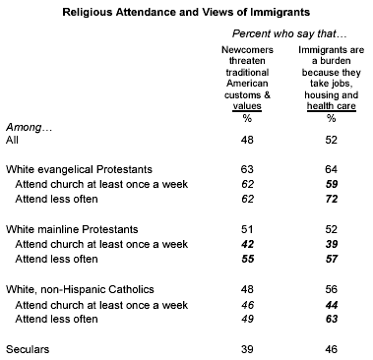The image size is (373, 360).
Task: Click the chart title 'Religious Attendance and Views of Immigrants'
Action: (186, 11)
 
